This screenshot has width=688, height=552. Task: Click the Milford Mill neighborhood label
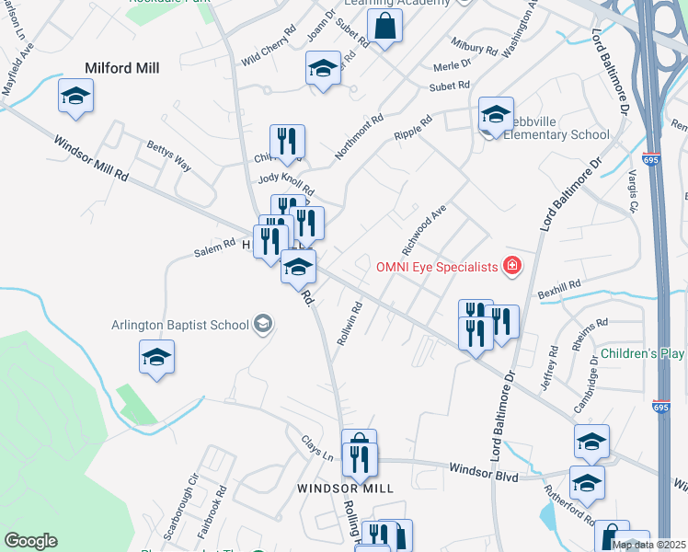tap(122, 68)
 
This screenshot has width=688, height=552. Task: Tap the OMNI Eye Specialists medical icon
tap(512, 267)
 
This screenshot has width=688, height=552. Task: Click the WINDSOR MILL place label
tap(345, 488)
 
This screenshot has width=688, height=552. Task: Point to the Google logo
tap(30, 541)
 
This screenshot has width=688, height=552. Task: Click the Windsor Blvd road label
tap(483, 473)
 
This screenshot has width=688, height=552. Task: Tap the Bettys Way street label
tap(169, 156)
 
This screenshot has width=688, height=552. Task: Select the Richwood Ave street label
tap(423, 230)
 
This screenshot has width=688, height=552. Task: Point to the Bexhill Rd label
tap(561, 286)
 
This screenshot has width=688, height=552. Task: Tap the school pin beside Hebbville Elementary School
tap(496, 115)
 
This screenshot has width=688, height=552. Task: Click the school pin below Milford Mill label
tap(76, 96)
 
